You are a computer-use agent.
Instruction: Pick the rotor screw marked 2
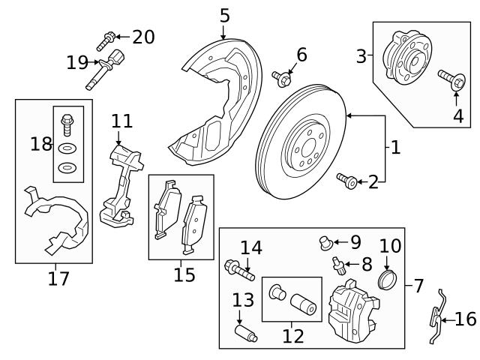347,179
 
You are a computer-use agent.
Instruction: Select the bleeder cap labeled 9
325,241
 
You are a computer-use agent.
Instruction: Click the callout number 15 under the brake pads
184,274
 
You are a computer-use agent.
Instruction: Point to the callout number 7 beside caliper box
418,286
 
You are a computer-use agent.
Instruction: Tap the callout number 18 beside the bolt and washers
41,144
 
